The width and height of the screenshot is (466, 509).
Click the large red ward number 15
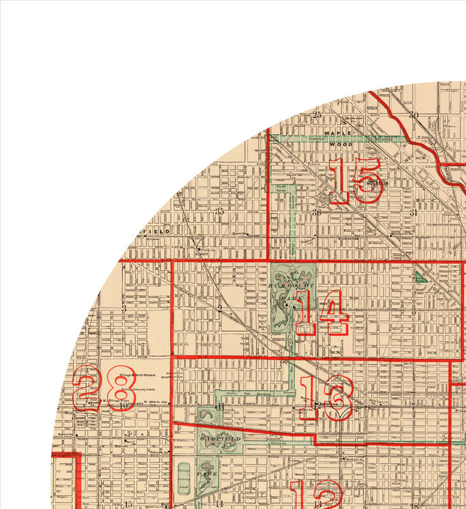pyautogui.click(x=355, y=181)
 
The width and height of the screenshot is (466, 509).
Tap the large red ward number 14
pyautogui.click(x=321, y=312)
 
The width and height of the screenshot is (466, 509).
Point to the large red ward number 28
pyautogui.click(x=104, y=388)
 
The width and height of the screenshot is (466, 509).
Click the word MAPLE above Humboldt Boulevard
pyautogui.click(x=338, y=133)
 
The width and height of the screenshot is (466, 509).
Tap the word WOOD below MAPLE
pyautogui.click(x=340, y=144)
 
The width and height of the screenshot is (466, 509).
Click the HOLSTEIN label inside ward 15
pyautogui.click(x=377, y=183)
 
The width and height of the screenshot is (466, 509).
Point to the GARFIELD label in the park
pyautogui.click(x=220, y=439)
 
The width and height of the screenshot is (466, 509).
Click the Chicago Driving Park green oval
pyautogui.click(x=185, y=477)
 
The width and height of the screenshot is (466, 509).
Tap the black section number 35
pyautogui.click(x=220, y=211)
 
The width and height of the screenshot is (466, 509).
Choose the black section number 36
pyautogui.click(x=316, y=212)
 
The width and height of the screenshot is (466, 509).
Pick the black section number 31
pyautogui.click(x=413, y=213)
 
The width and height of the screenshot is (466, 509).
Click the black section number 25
pyautogui.click(x=317, y=115)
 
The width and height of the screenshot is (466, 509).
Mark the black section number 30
pyautogui.click(x=414, y=115)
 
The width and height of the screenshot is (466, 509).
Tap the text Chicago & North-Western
pyautogui.click(x=141, y=375)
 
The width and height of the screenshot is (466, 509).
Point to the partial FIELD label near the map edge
pyautogui.click(x=157, y=232)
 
